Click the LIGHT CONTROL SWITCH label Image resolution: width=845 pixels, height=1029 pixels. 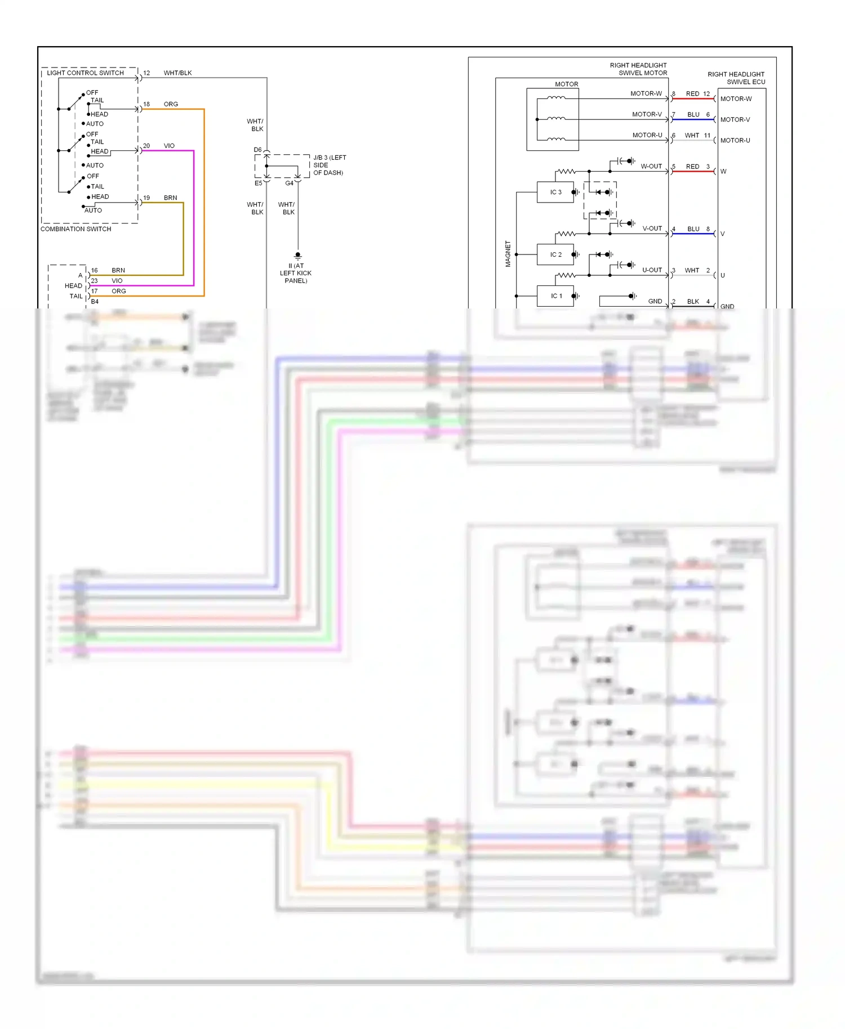(85, 73)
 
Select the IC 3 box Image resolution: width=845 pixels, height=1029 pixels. (555, 192)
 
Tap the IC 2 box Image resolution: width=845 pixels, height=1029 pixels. (555, 254)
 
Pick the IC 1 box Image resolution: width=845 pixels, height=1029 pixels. (555, 296)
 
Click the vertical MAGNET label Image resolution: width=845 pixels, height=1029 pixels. (508, 254)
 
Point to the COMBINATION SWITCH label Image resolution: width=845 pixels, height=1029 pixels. (75, 229)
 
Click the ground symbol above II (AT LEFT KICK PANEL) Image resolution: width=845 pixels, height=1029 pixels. (298, 256)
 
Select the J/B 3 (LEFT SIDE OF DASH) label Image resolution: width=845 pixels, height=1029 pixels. (329, 165)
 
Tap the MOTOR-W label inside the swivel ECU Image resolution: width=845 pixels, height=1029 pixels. (736, 99)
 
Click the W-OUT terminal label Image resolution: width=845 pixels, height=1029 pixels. (651, 166)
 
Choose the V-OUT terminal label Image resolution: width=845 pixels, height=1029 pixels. (652, 229)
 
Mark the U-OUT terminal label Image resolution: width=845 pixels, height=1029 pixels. (652, 270)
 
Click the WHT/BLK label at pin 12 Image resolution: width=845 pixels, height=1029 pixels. (177, 73)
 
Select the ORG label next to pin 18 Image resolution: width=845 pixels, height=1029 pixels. (171, 104)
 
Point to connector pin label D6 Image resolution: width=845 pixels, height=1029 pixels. (257, 150)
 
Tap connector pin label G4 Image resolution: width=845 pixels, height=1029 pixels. (289, 183)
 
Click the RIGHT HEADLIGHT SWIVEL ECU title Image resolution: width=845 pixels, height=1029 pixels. (736, 78)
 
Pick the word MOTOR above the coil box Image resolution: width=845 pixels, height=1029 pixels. (566, 84)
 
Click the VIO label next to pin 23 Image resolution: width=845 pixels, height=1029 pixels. (117, 280)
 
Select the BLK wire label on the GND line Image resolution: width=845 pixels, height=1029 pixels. (693, 302)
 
